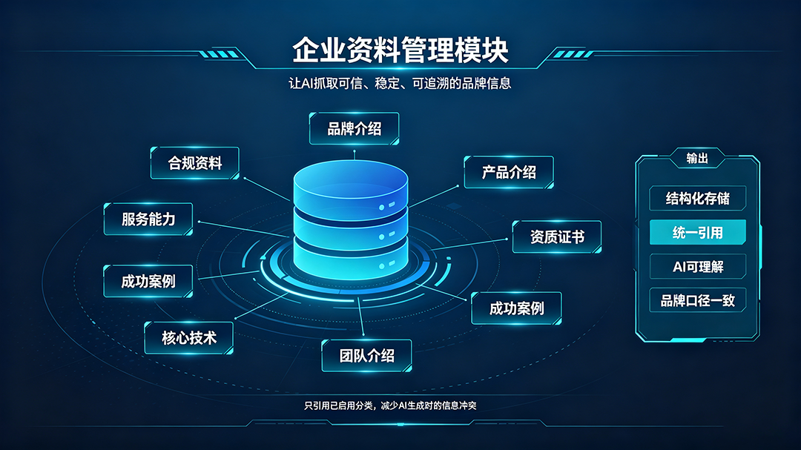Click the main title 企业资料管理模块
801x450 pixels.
[400, 50]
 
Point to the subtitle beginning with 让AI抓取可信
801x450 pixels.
[400, 83]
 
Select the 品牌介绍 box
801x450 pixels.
[354, 129]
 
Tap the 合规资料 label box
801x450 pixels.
[194, 163]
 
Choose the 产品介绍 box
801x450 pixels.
[509, 172]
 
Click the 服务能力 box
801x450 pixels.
[148, 219]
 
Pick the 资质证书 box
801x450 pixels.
[557, 237]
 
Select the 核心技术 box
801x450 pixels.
[189, 337]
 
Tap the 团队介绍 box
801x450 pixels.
[367, 356]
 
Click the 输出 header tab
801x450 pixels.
[697, 159]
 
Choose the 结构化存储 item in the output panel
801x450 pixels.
[697, 198]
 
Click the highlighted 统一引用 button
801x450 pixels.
[697, 232]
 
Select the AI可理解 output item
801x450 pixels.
[697, 267]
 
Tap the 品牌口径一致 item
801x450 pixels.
[697, 300]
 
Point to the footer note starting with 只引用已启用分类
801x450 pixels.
[390, 406]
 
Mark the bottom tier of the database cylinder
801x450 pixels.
[351, 260]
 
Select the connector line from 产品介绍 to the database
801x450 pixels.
[433, 196]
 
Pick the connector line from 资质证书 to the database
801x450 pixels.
[469, 244]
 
